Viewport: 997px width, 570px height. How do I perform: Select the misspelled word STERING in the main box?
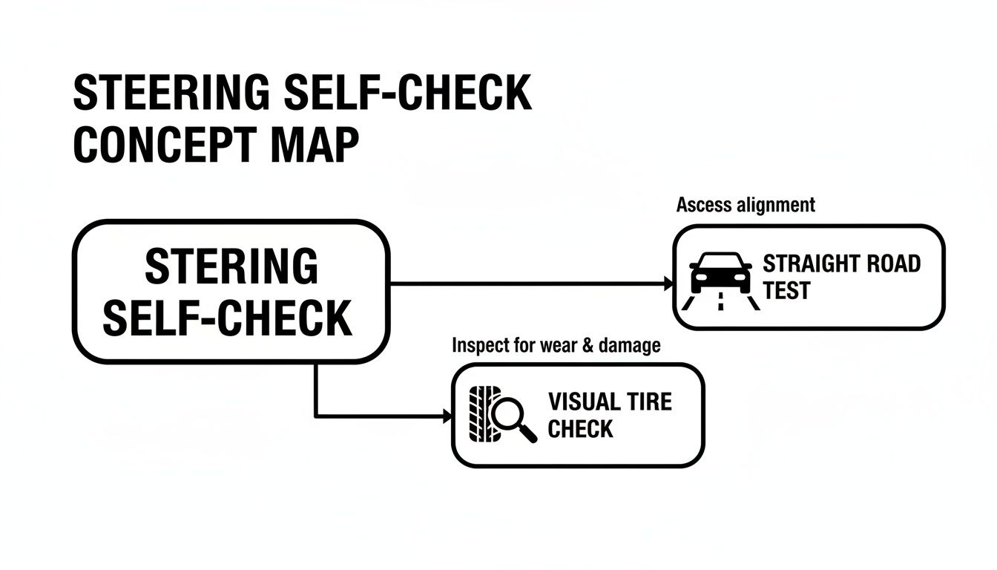click(x=231, y=266)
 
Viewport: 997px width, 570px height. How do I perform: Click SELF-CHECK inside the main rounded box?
click(x=227, y=318)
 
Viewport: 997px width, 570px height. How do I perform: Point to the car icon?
click(x=720, y=274)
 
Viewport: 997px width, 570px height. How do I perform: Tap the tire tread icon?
click(x=481, y=415)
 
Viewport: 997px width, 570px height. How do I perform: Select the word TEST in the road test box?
click(x=787, y=290)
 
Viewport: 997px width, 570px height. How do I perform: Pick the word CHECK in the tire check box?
click(x=580, y=428)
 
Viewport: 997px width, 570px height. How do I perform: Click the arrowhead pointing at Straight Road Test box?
click(x=668, y=284)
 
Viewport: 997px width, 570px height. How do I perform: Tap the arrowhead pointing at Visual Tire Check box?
click(x=447, y=416)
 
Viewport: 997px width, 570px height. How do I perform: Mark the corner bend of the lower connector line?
click(x=316, y=416)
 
